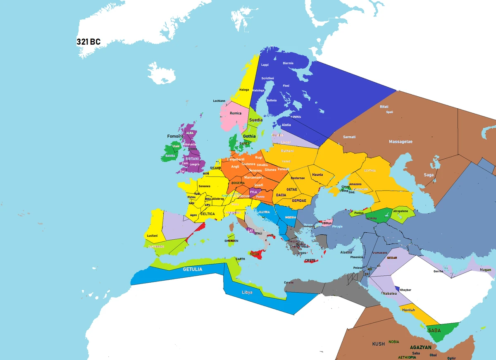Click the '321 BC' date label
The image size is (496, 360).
click(88, 42)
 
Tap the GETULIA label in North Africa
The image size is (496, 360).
click(193, 269)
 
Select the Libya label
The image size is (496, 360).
click(247, 292)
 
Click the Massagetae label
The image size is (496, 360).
click(401, 142)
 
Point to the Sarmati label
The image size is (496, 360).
click(349, 137)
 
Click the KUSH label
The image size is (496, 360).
click(378, 344)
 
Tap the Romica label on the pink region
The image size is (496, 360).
click(236, 113)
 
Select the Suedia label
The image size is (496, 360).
click(255, 120)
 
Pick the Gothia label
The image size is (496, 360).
click(249, 136)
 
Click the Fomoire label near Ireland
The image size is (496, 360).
click(175, 136)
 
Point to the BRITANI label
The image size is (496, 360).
click(192, 159)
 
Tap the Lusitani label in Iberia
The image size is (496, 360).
click(152, 236)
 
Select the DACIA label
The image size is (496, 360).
click(281, 195)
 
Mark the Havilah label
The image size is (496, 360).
click(408, 310)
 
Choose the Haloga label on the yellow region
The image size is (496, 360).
click(244, 90)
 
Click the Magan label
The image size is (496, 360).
click(486, 270)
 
